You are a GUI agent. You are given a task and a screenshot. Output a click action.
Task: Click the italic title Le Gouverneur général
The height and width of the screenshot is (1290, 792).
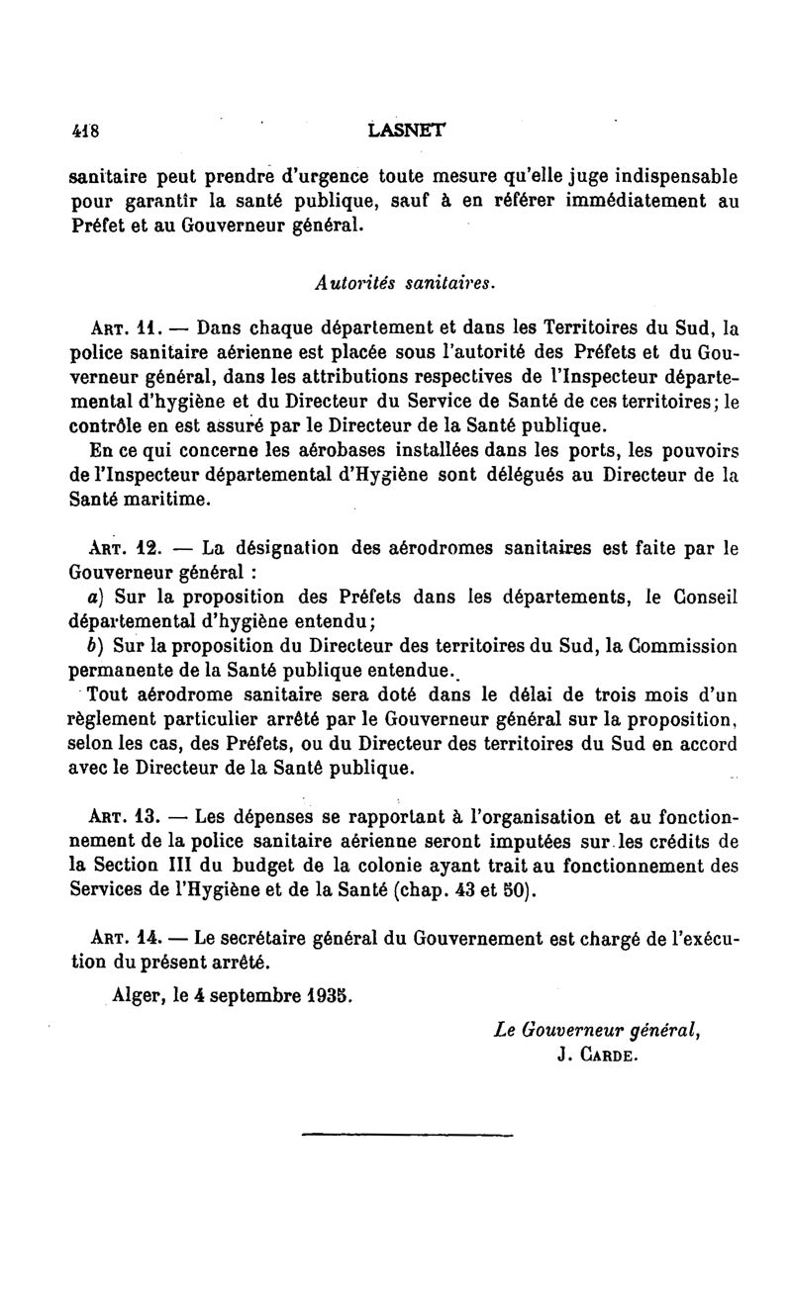click(x=598, y=1029)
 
